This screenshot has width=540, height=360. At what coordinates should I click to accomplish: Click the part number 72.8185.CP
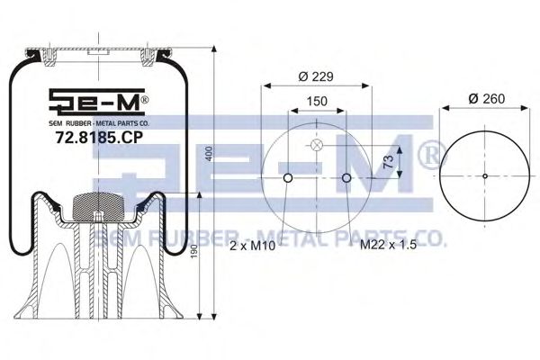tap(99, 138)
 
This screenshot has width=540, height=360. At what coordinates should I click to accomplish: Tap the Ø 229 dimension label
tap(316, 76)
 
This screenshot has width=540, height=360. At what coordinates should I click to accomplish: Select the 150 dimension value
tap(317, 102)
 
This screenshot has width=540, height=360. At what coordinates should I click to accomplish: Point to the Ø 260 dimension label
tap(487, 99)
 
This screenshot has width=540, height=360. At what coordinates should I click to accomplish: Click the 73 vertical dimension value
tap(388, 161)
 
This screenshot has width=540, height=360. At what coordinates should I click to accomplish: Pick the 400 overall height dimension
tap(210, 153)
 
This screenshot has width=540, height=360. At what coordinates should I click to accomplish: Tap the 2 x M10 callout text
tap(252, 246)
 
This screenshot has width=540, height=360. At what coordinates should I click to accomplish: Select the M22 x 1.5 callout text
tap(388, 245)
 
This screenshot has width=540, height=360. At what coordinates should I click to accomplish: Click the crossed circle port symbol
tap(316, 145)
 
